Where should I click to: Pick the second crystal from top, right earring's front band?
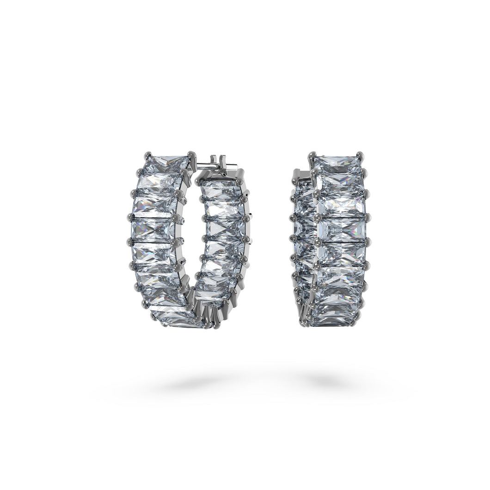pos(340,182)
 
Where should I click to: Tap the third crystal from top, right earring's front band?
pos(343,205)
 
